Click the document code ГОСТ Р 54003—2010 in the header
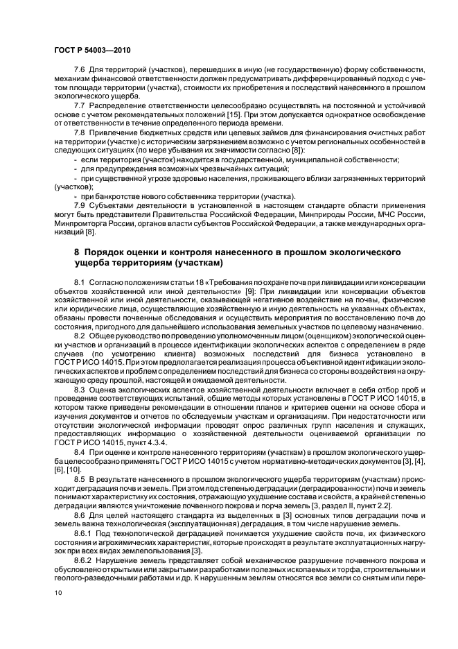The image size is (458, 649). click(91, 51)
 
